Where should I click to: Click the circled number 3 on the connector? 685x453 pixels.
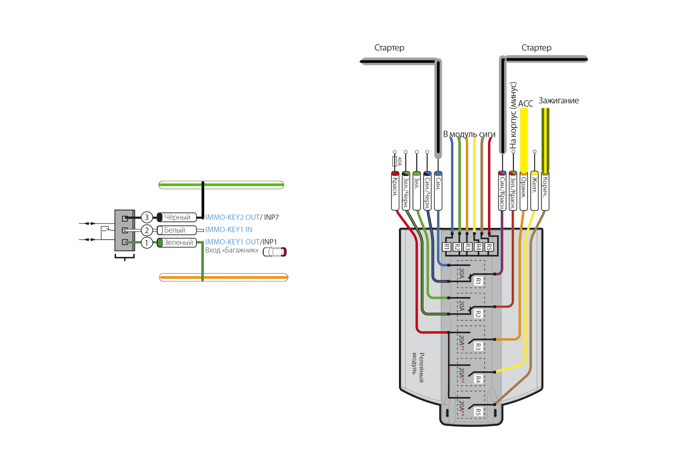click(147, 217)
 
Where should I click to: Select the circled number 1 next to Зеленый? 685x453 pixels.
click(147, 243)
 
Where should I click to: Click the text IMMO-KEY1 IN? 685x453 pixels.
click(229, 230)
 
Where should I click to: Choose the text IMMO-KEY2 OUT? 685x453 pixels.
click(232, 217)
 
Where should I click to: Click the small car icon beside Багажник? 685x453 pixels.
click(275, 252)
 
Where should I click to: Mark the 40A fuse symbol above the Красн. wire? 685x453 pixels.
click(395, 161)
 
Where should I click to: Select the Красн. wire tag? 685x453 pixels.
click(395, 191)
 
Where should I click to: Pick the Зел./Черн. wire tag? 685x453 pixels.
click(406, 191)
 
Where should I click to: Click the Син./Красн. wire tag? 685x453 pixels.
click(502, 191)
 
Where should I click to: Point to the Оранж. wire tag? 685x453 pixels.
click(524, 191)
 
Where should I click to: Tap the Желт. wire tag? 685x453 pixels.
click(534, 191)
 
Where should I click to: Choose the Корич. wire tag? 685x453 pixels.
click(545, 191)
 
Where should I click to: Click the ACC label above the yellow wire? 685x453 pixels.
click(526, 104)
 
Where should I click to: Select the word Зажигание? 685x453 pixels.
click(559, 101)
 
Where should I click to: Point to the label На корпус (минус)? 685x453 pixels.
click(513, 115)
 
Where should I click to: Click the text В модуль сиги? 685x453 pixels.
click(469, 134)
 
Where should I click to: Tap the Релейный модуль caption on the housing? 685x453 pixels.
click(418, 367)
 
